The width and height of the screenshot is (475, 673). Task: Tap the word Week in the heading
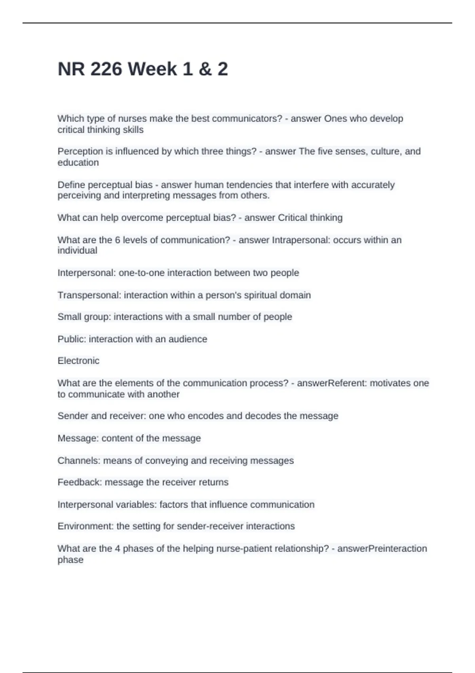pyautogui.click(x=152, y=69)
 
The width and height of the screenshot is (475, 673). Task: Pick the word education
pyautogui.click(x=78, y=163)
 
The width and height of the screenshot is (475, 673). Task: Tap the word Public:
pyautogui.click(x=72, y=339)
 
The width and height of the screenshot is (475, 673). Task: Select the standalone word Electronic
pyautogui.click(x=78, y=361)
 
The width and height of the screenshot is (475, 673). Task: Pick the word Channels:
pyautogui.click(x=79, y=461)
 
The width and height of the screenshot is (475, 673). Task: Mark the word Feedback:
pyautogui.click(x=80, y=483)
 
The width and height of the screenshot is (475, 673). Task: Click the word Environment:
pyautogui.click(x=85, y=527)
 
